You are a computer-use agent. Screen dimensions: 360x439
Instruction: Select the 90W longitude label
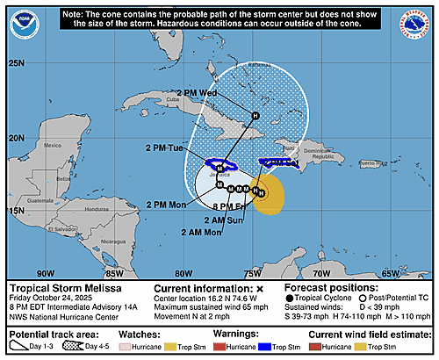[x=45, y=273]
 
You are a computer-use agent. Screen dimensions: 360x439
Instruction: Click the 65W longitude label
[x=391, y=273]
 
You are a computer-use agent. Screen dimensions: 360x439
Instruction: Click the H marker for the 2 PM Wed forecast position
[x=255, y=115]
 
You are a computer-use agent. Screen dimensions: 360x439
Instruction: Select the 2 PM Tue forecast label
[x=164, y=148]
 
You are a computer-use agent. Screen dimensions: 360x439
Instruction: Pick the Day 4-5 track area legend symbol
[x=84, y=347]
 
